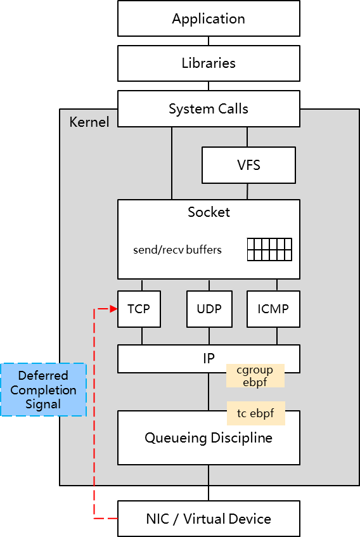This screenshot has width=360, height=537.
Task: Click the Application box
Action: click(x=209, y=18)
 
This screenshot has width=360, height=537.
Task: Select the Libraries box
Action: click(x=209, y=63)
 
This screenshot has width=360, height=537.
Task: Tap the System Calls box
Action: click(x=209, y=109)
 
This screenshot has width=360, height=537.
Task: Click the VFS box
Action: click(x=248, y=165)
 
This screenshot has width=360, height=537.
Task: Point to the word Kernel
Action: click(x=89, y=122)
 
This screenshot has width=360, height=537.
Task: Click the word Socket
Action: click(x=209, y=212)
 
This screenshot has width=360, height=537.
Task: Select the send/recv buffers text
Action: click(x=177, y=250)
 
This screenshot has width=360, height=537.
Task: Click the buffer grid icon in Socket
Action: click(x=269, y=250)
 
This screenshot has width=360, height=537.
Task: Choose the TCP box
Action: click(x=139, y=309)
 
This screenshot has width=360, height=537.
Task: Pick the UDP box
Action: click(x=209, y=309)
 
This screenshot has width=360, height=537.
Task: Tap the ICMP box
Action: click(x=273, y=309)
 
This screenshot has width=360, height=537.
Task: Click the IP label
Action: click(x=209, y=358)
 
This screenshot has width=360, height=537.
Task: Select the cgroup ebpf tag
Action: click(x=255, y=376)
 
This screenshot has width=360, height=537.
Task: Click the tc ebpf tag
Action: click(x=255, y=413)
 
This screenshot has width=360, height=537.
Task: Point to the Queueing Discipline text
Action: click(x=209, y=438)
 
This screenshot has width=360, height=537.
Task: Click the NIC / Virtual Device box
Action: click(x=209, y=519)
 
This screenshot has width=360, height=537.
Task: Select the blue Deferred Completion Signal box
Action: click(x=43, y=390)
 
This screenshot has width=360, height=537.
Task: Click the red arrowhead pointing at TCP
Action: click(x=114, y=309)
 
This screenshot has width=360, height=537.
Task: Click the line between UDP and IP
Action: click(x=209, y=336)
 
